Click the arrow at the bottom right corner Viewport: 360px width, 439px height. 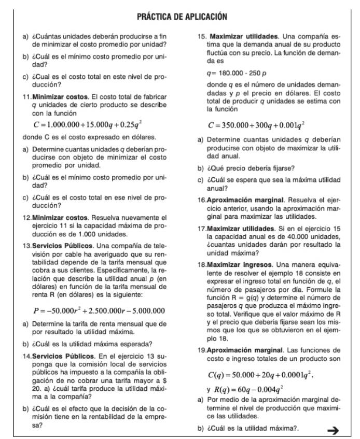click(334, 429)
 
